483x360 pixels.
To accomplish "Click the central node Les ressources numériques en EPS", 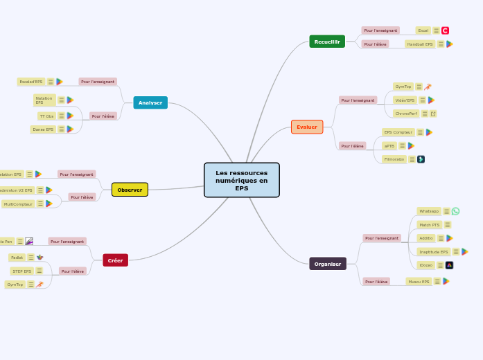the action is (242, 180).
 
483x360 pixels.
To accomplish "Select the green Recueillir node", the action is (327, 42).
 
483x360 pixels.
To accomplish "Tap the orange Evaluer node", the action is (307, 127).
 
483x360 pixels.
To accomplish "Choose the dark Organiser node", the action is (327, 264).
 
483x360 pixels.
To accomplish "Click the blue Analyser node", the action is (150, 102).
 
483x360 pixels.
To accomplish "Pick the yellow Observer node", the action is (130, 190).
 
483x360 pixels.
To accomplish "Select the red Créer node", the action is (115, 260).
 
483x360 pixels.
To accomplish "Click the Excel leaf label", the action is (423, 30).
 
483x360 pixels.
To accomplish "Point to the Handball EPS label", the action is (420, 44).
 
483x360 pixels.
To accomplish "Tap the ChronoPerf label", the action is (405, 114).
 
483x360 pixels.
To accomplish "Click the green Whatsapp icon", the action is (455, 211).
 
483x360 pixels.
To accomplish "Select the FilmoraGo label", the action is (394, 159).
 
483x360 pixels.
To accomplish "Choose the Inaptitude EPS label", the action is (433, 252).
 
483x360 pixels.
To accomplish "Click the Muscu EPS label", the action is (419, 282).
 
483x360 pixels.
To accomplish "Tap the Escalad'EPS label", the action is (31, 82).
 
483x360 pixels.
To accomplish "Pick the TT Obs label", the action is (46, 116).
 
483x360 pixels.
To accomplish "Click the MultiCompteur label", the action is (18, 204).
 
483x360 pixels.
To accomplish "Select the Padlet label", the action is (17, 258).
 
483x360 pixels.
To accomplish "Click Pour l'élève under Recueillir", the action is (375, 44).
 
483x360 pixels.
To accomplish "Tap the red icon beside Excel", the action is (445, 30).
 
